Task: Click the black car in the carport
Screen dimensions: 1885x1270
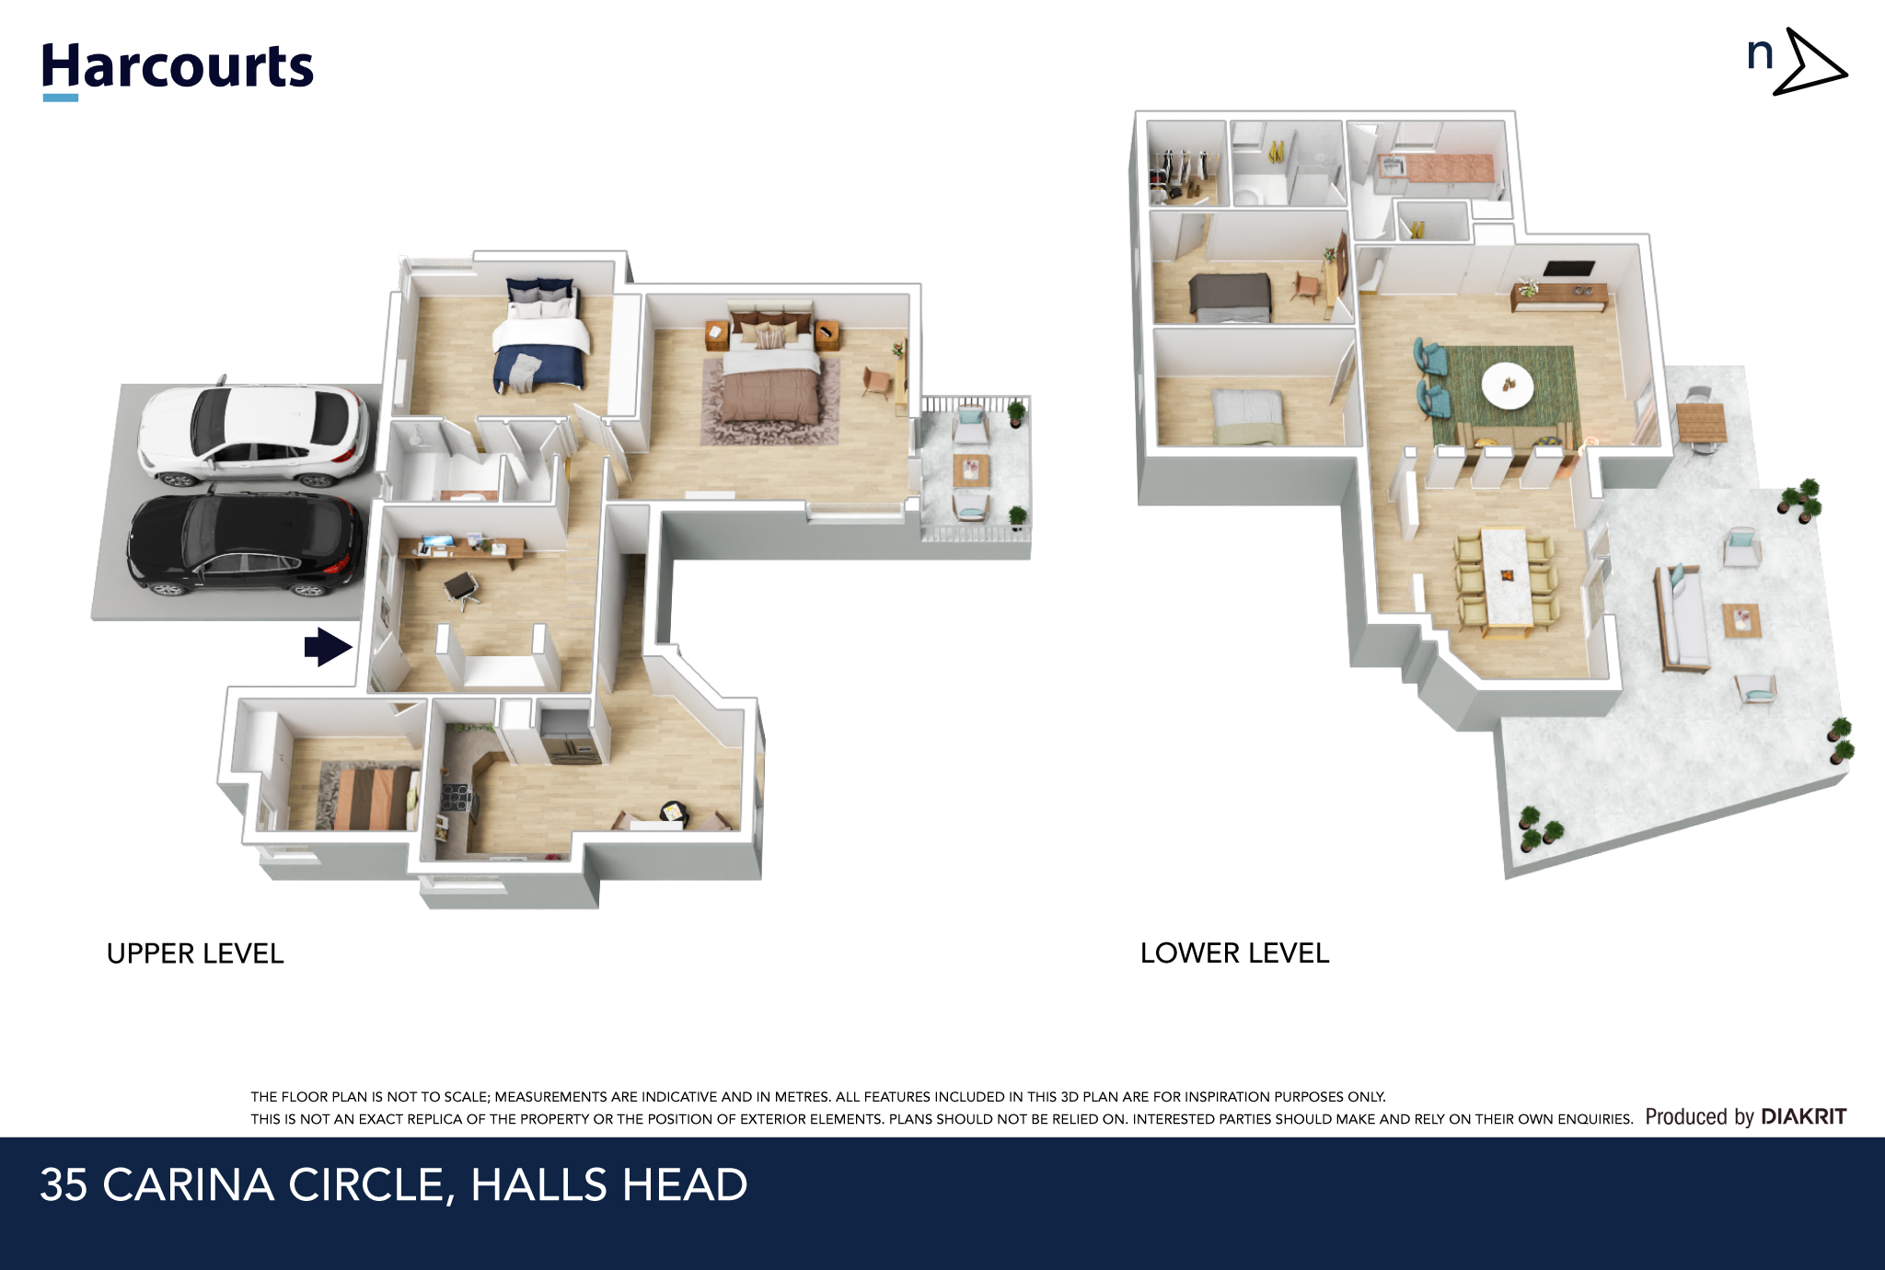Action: click(244, 544)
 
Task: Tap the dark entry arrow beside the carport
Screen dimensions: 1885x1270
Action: click(328, 646)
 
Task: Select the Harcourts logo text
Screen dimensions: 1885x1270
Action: click(178, 66)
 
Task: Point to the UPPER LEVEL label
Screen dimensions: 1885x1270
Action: click(195, 953)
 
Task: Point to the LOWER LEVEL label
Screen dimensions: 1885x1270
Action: click(1234, 953)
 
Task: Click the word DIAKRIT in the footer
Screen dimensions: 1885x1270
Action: click(1803, 1116)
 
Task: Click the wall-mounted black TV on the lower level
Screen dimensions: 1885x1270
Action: click(1568, 269)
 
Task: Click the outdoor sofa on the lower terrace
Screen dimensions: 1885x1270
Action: click(1682, 618)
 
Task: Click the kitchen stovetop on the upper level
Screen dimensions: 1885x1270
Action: click(456, 796)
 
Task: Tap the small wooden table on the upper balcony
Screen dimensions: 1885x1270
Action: click(971, 470)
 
